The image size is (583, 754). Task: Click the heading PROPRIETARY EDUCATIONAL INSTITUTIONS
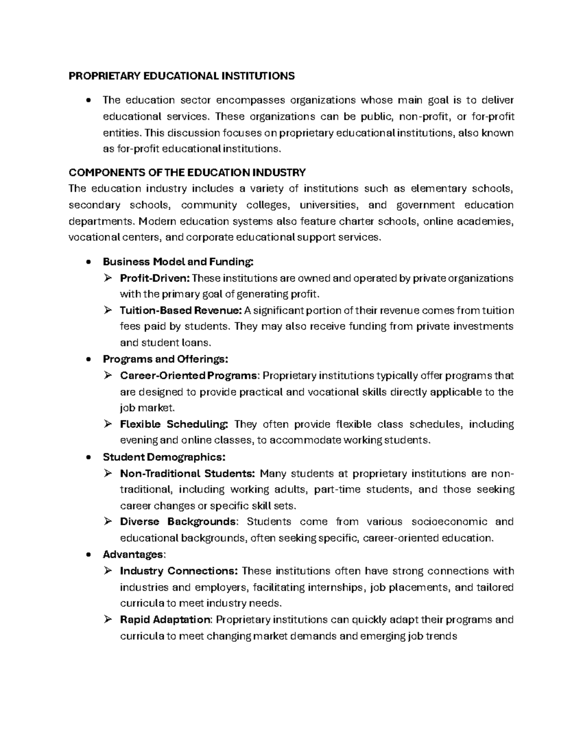[181, 76]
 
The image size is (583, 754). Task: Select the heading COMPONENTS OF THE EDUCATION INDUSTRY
[187, 172]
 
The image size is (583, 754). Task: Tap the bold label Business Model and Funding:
[178, 262]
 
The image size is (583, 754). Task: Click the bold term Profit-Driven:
[155, 278]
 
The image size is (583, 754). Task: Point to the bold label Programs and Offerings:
[165, 359]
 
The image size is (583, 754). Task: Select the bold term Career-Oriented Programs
[189, 376]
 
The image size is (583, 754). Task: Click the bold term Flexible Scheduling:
[174, 424]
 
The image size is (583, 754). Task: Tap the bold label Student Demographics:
[164, 457]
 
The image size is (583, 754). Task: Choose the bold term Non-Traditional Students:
[187, 473]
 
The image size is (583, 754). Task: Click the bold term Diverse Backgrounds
[178, 522]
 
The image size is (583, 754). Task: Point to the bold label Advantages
[134, 554]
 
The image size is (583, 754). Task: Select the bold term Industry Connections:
[178, 571]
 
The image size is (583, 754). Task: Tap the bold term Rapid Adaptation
[165, 620]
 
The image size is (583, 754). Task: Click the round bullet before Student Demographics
[87, 457]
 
